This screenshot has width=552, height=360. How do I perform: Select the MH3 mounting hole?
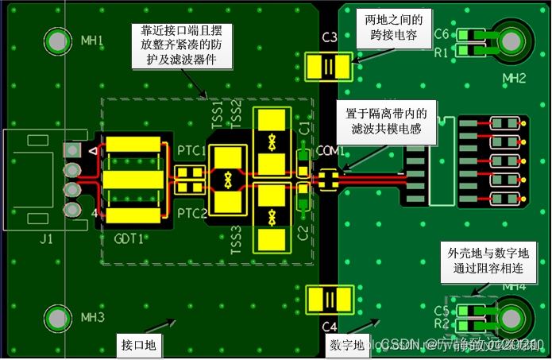point(58,318)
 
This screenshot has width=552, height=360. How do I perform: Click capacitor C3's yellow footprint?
point(327,66)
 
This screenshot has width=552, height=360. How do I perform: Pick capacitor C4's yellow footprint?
point(327,299)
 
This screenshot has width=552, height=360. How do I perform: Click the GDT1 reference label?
point(129,238)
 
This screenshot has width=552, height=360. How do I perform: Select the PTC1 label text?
point(191,150)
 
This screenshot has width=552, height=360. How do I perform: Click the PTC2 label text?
point(191,213)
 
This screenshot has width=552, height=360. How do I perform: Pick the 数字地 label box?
point(347,345)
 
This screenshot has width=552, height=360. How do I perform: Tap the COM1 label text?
point(329,151)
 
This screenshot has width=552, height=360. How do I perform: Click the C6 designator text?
point(442,34)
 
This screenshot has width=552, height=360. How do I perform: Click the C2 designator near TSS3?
point(302,232)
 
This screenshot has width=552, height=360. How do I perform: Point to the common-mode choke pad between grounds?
point(329,180)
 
